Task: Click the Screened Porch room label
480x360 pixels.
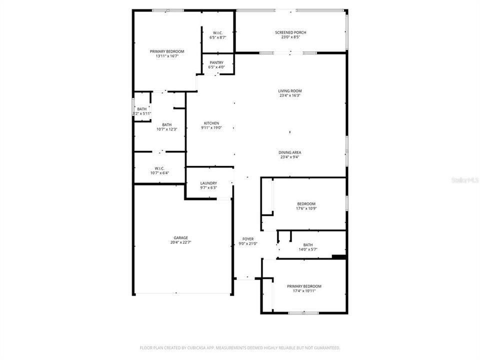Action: [x=290, y=32]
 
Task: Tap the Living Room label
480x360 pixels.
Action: [x=290, y=91]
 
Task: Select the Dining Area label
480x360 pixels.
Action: [x=290, y=152]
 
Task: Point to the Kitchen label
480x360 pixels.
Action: [x=211, y=123]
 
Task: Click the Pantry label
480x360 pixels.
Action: [x=216, y=62]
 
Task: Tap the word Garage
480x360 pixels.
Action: [x=180, y=238]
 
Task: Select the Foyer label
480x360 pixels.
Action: [x=247, y=239]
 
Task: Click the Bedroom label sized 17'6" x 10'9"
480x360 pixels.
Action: [x=306, y=204]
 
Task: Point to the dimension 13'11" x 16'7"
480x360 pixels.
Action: [x=167, y=56]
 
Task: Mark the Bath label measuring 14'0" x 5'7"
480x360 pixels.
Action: [x=307, y=245]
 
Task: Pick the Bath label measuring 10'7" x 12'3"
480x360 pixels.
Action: [x=166, y=125]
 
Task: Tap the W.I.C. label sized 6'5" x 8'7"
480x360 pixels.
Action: [x=217, y=33]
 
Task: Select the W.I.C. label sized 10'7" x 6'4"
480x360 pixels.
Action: [x=159, y=168]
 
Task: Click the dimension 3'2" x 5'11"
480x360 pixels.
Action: [x=141, y=113]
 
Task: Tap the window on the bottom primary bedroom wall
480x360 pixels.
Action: [x=303, y=313]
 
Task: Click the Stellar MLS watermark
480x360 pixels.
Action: [x=464, y=179]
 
